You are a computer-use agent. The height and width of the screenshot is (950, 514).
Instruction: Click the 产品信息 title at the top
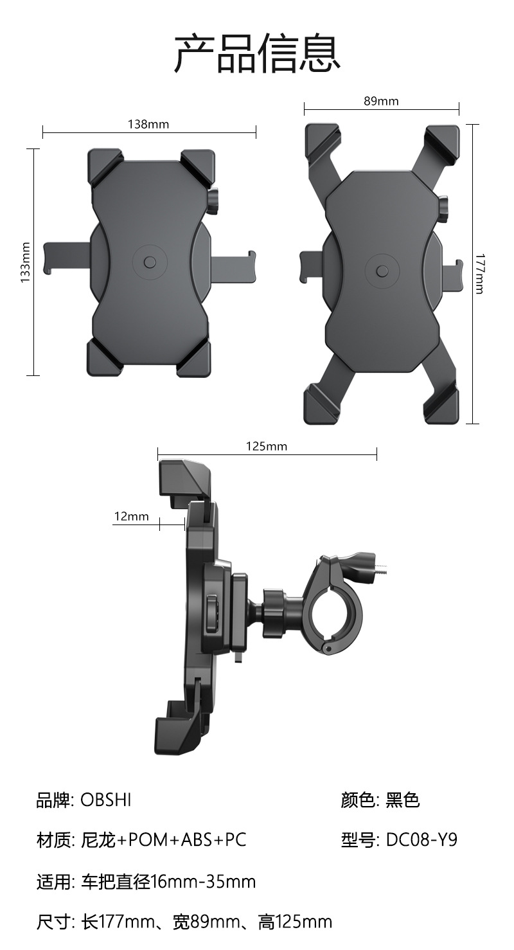(x=258, y=53)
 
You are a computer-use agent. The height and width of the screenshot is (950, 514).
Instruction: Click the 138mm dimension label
(x=148, y=124)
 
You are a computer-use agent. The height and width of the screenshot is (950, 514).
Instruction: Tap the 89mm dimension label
(x=381, y=101)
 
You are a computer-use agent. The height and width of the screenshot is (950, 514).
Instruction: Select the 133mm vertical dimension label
(x=26, y=262)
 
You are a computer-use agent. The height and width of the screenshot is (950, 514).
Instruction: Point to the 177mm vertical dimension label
(x=479, y=274)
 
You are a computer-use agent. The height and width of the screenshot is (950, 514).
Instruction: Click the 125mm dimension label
(x=267, y=446)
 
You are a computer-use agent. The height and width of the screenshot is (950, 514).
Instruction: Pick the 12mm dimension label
(x=132, y=516)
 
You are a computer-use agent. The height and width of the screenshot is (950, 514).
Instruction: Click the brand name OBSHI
(x=106, y=800)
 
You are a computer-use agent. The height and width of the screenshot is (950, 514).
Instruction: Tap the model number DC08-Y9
(x=421, y=839)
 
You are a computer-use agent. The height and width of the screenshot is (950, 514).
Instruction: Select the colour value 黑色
(x=402, y=800)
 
